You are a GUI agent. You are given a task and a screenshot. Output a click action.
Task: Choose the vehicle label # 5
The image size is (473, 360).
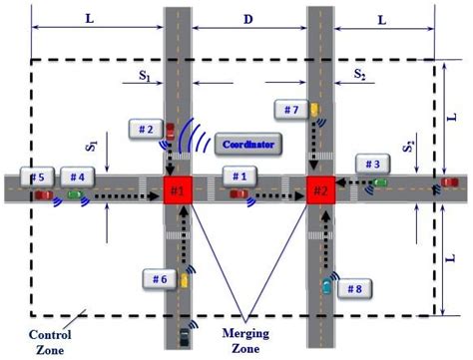pos(38,177)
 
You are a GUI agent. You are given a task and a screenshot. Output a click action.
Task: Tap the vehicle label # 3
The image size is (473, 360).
pos(371,164)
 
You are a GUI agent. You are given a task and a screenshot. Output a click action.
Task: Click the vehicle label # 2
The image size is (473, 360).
pos(146,130)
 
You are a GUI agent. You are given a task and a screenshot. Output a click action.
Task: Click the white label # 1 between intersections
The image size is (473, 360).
pos(237,176)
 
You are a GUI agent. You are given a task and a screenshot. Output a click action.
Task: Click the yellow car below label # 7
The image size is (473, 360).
pos(314,110)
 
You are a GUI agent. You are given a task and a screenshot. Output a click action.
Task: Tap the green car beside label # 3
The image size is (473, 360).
pos(380,182)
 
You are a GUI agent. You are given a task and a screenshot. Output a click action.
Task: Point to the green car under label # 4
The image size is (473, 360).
pos(76,194)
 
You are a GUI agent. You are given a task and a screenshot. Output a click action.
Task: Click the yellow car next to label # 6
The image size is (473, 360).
pos(186,281)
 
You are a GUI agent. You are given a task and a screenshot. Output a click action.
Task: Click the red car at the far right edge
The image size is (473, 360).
pos(452,182)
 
